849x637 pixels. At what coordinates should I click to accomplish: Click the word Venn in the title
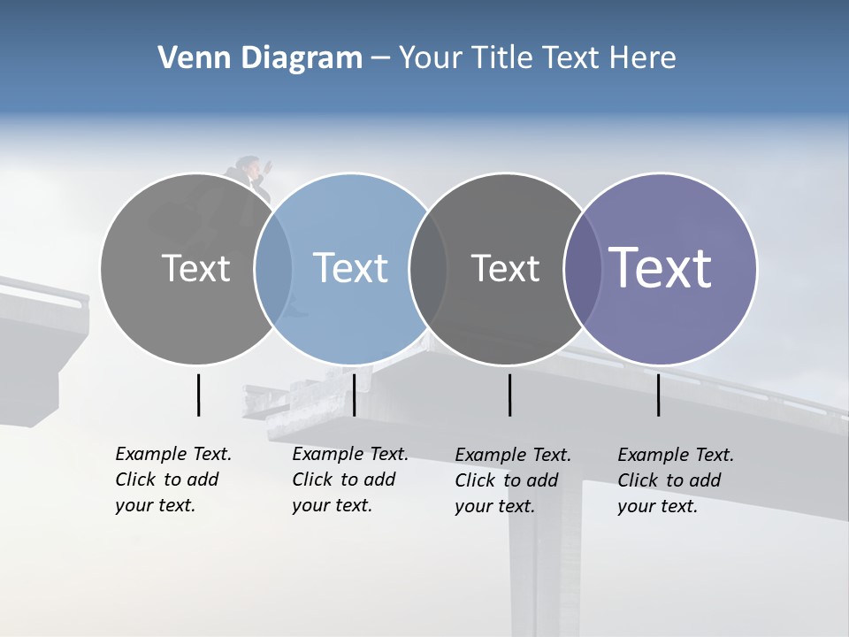190,58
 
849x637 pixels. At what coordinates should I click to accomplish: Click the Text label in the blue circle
351,267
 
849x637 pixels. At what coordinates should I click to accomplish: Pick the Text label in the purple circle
661,267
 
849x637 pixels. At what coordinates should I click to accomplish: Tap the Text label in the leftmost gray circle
195,267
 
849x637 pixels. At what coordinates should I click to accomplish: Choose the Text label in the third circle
505,267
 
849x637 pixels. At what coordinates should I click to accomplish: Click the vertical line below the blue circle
354,395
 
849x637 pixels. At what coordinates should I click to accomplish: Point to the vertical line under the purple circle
659,395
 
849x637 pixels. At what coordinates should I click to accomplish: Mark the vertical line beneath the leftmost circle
198,395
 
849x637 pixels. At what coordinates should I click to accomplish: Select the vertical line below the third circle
509,395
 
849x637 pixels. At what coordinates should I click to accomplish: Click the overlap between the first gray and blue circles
273,267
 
